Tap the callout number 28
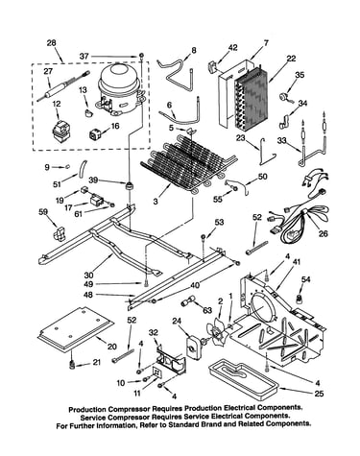[x=51, y=43]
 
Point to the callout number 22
[x=291, y=59]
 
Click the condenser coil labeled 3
[x=188, y=165]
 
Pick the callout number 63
[x=207, y=310]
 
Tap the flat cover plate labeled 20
[x=76, y=328]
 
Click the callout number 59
[x=43, y=211]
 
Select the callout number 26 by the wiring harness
[x=324, y=233]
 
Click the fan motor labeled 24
[x=194, y=347]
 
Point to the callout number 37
[x=84, y=57]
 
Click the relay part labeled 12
[x=60, y=132]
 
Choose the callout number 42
[x=233, y=48]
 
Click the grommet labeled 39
[x=130, y=185]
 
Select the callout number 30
[x=89, y=275]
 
